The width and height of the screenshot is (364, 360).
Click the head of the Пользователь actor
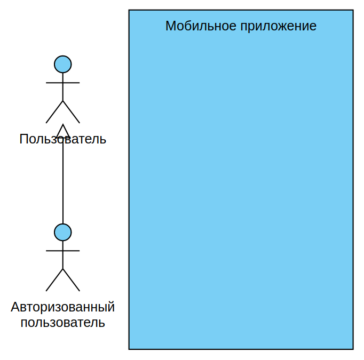coord(63,64)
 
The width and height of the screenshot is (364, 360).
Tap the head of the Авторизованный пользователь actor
coord(63,232)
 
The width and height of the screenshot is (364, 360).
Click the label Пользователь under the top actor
coord(63,139)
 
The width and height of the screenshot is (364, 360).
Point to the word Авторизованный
coord(63,307)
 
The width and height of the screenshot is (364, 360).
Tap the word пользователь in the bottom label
coord(63,323)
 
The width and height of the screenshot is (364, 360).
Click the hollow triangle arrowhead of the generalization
coord(63,131)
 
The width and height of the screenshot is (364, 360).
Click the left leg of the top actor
coord(54,112)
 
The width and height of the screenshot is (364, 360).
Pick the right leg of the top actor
coord(72,112)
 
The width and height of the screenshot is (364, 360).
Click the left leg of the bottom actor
coord(54,280)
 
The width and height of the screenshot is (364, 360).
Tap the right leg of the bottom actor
coord(72,280)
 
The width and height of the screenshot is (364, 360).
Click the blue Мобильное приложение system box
coord(241,187)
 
